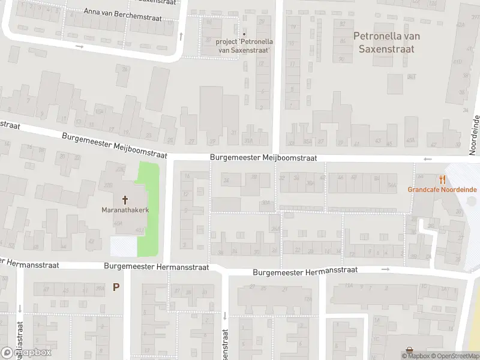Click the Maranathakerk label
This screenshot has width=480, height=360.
tap(125, 210)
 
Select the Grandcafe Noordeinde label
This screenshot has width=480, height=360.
tap(442, 190)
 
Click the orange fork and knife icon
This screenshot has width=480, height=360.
tap(443, 179)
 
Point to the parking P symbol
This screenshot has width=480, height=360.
tap(116, 287)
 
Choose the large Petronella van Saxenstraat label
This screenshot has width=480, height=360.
tap(386, 42)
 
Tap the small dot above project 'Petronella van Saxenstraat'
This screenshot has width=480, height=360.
tap(244, 34)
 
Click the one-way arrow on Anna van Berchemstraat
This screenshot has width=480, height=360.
tap(79, 46)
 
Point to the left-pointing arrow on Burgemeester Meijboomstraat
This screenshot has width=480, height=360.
tap(428, 159)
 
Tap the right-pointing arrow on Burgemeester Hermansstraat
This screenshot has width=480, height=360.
tap(385, 269)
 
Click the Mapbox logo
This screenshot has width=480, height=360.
tap(26, 352)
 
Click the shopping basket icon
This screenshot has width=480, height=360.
tap(409, 350)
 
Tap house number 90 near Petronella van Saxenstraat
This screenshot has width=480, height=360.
tap(341, 59)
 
